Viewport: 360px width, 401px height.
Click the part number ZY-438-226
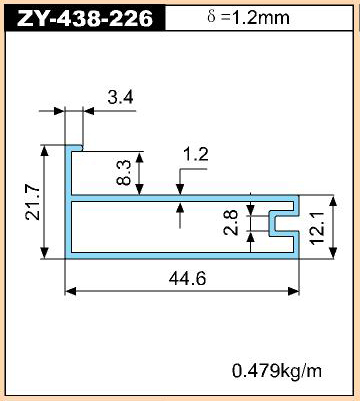(85, 18)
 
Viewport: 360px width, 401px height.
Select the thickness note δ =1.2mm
(248, 17)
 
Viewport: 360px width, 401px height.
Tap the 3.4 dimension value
(120, 97)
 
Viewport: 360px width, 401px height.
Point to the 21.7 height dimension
(33, 202)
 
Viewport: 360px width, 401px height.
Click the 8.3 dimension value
(124, 173)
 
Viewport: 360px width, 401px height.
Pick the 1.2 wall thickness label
(196, 155)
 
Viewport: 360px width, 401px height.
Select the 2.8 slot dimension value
(231, 223)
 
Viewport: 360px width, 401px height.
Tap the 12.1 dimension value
(317, 228)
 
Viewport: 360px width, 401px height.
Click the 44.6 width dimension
(187, 279)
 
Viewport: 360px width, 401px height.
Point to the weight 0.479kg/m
(277, 371)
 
